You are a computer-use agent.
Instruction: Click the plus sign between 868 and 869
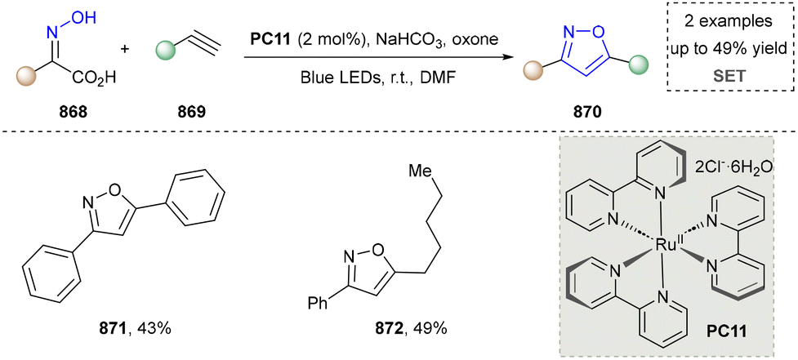[125, 49]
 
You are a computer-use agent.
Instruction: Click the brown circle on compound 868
[26, 78]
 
